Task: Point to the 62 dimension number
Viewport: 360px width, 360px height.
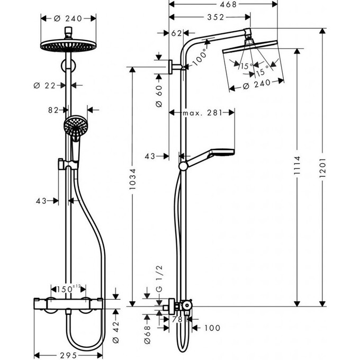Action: [177, 33]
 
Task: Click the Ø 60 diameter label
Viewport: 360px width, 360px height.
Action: [158, 97]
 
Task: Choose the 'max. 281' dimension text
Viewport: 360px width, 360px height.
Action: [201, 113]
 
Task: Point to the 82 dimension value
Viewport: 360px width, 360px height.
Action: [53, 110]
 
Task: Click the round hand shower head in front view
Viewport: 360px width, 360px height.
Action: [74, 127]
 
